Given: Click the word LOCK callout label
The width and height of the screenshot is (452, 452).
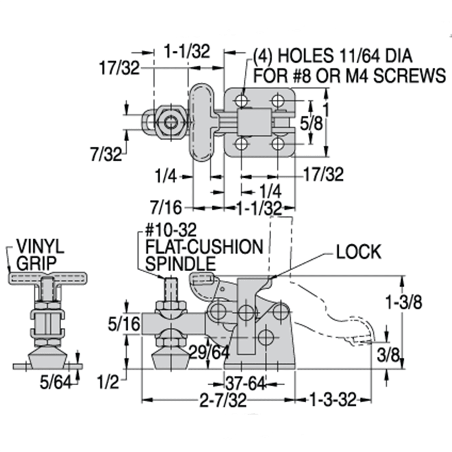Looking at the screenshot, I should (x=358, y=252).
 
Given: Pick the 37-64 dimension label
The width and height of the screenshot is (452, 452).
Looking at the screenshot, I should (x=246, y=384).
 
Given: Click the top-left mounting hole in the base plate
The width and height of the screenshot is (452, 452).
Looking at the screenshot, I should (x=242, y=100).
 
